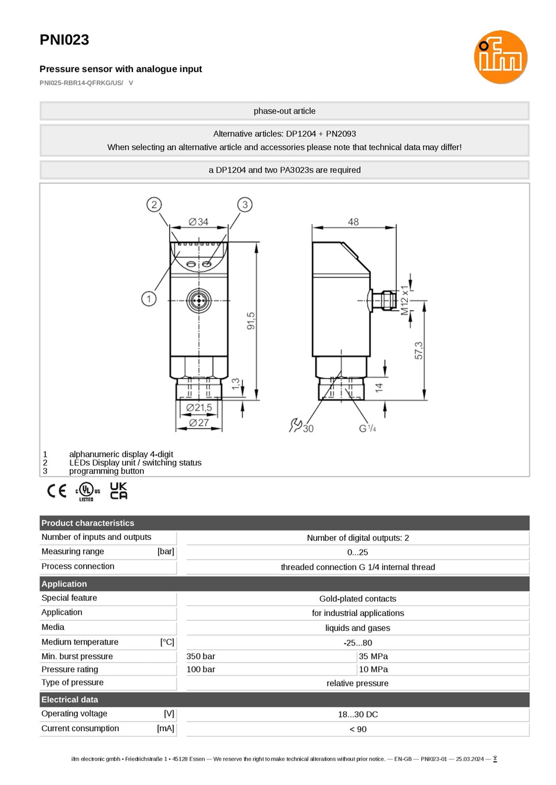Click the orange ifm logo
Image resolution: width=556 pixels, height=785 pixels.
(500, 57)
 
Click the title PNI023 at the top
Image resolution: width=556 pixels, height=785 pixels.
(64, 39)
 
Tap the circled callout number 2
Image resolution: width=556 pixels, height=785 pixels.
(154, 204)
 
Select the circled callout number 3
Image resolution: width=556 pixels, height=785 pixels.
(245, 204)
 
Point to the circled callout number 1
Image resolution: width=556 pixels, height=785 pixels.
(149, 299)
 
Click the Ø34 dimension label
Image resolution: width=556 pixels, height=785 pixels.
(198, 222)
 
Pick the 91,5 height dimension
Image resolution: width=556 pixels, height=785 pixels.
(251, 321)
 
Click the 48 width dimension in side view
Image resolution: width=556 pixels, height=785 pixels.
(353, 222)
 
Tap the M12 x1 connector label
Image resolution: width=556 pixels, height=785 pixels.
(404, 300)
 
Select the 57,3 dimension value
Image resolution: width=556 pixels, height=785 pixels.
(418, 351)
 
